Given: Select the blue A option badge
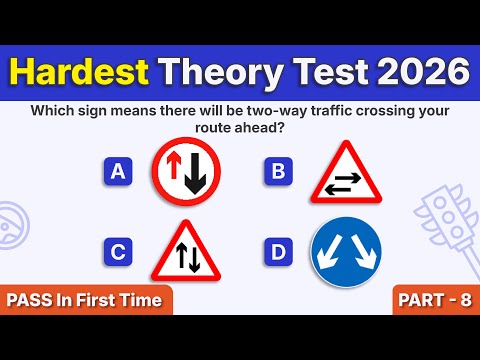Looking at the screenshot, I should point(118,172).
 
